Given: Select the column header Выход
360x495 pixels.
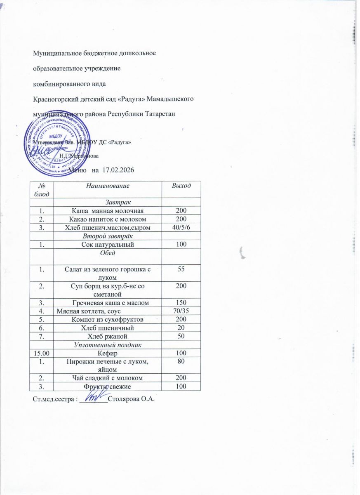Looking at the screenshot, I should (x=181, y=186).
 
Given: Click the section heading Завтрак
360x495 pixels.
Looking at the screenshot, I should (x=107, y=202).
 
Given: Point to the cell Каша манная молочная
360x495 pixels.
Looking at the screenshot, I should (x=107, y=210).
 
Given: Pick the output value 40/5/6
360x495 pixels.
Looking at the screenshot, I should (x=181, y=227).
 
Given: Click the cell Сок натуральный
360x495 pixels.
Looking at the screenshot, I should (x=107, y=245).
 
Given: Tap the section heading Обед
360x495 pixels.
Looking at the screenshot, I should (x=107, y=253).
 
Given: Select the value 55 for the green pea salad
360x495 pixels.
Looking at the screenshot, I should (x=181, y=269).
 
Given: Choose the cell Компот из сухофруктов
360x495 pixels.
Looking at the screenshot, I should (x=107, y=319).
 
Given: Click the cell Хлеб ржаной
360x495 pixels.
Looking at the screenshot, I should (x=107, y=336).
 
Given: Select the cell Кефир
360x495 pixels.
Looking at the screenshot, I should (x=107, y=353).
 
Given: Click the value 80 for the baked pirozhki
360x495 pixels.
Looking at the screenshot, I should (x=181, y=361).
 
